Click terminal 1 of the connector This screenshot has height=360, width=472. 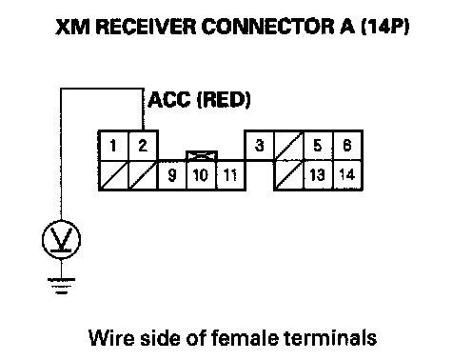point(113,146)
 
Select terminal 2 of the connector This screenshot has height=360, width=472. point(143,146)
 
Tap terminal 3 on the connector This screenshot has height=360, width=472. point(260,146)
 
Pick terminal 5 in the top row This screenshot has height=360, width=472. point(318,146)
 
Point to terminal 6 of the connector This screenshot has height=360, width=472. point(347,146)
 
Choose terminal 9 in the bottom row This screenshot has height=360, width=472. point(172,175)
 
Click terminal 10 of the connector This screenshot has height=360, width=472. point(201,175)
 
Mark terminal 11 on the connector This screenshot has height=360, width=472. point(230,175)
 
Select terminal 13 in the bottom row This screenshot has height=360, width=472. point(318,175)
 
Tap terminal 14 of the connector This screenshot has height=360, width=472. point(347,175)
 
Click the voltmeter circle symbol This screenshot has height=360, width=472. point(61,240)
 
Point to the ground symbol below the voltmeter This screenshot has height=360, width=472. point(61,286)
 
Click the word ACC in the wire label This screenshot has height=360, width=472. point(169,100)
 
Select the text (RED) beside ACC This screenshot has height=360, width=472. point(224,100)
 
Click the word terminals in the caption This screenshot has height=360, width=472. point(330,337)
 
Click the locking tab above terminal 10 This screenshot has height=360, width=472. point(202,156)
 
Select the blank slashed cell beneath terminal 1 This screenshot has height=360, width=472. point(113,175)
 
